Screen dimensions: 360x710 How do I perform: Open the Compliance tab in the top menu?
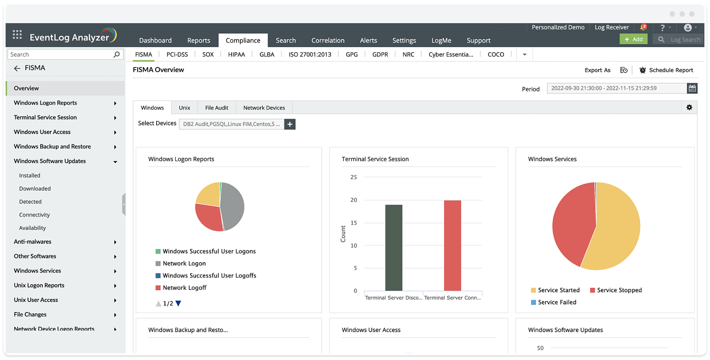[x=243, y=40]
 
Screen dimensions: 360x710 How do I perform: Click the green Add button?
[x=633, y=39]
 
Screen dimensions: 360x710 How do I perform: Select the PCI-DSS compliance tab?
[x=177, y=54]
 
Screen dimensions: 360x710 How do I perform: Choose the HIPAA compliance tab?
[x=236, y=54]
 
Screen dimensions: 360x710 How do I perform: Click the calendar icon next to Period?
[x=692, y=88]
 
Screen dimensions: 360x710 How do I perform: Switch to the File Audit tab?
[x=216, y=108]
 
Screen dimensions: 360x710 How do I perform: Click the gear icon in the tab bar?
[x=689, y=107]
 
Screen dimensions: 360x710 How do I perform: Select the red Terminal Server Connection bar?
[x=452, y=245]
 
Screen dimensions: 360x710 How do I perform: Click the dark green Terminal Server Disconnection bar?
[x=394, y=247]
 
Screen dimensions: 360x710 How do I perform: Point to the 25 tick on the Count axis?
[x=353, y=177]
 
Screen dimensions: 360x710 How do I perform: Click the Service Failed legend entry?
[x=557, y=303]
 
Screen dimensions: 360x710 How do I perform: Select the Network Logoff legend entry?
[x=184, y=288]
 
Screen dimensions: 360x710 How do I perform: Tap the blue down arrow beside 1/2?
[x=178, y=303]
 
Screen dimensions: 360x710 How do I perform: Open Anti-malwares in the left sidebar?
[x=33, y=242]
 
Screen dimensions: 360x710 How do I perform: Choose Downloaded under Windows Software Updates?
[x=35, y=189]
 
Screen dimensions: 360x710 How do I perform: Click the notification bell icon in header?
[x=643, y=28]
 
